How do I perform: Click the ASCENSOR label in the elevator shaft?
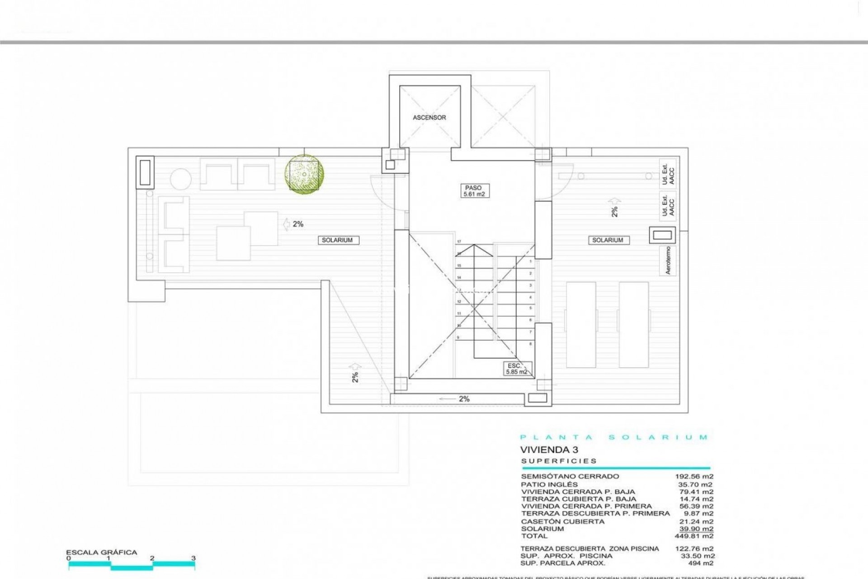point(429,118)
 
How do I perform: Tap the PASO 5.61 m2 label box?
point(473,191)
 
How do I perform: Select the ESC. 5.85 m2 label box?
point(516,369)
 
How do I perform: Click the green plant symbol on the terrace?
point(304,175)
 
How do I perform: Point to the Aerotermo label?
point(668,261)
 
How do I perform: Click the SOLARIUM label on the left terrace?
point(337,240)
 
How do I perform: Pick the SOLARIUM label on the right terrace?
point(608,240)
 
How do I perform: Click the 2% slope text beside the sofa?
point(298,224)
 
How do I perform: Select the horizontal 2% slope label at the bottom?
point(464,399)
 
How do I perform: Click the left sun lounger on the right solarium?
point(581,324)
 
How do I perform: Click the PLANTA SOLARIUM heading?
point(614,437)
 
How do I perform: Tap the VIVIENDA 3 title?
point(549,450)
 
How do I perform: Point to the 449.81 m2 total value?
point(696,536)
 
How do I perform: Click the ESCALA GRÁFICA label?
point(101,552)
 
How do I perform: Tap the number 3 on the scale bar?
point(193,558)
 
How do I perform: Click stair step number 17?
point(459,242)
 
